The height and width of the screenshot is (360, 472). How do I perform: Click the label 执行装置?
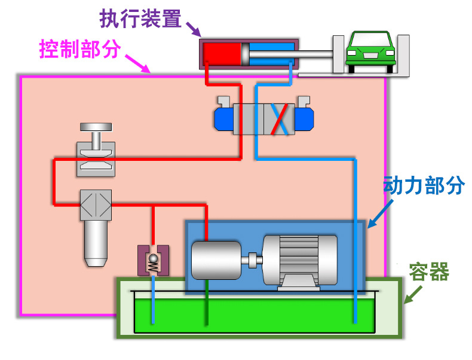pos(140,19)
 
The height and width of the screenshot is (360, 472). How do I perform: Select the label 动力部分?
pos(423,186)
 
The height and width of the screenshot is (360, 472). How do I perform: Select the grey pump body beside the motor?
pos(216,261)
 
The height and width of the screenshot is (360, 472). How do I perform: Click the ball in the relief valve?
pos(154,258)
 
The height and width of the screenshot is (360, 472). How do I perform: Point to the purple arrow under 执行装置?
pos(192,28)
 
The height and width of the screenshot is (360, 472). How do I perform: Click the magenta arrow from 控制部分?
pos(138,62)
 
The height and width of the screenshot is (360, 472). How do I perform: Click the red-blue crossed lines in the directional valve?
pos(280,118)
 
